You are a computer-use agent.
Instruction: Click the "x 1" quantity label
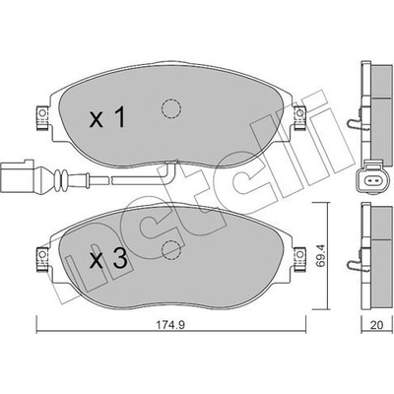pos(107,118)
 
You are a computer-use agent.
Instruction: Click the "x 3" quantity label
pos(108,259)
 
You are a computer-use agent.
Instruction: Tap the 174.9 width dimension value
pos(170,325)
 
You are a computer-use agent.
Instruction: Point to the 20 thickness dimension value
pos(376,325)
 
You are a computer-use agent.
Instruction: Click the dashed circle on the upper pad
pos(171,108)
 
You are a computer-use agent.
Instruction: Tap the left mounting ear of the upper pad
pos(41,117)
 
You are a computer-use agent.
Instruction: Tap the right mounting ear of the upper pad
pos(299,117)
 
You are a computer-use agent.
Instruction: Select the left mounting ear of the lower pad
pos(42,259)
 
